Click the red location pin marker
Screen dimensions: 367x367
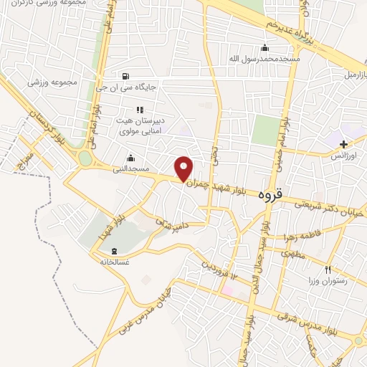(x=184, y=168)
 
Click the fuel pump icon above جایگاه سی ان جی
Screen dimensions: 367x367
(x=127, y=77)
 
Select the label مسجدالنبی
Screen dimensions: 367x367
(x=130, y=169)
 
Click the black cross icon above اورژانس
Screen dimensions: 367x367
(x=344, y=146)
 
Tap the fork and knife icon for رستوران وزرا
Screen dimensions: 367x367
(x=328, y=270)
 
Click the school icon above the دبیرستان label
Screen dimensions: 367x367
(x=140, y=110)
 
